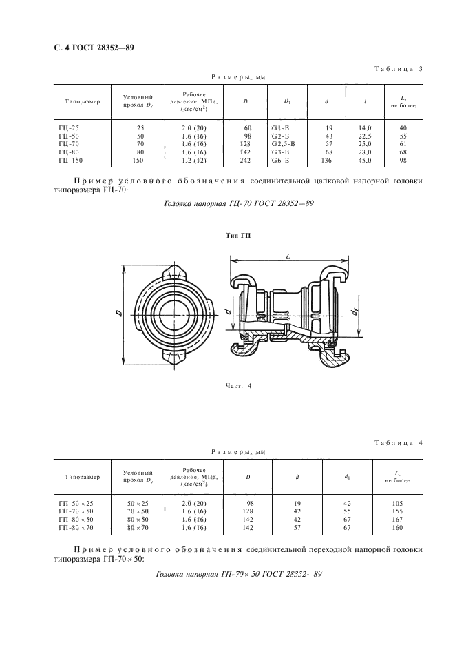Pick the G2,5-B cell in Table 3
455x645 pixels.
(x=284, y=144)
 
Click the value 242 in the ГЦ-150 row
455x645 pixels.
(x=246, y=161)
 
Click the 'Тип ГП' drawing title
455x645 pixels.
(x=239, y=236)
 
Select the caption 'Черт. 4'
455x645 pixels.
(x=237, y=385)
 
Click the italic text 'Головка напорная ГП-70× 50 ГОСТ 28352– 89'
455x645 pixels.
(x=239, y=574)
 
